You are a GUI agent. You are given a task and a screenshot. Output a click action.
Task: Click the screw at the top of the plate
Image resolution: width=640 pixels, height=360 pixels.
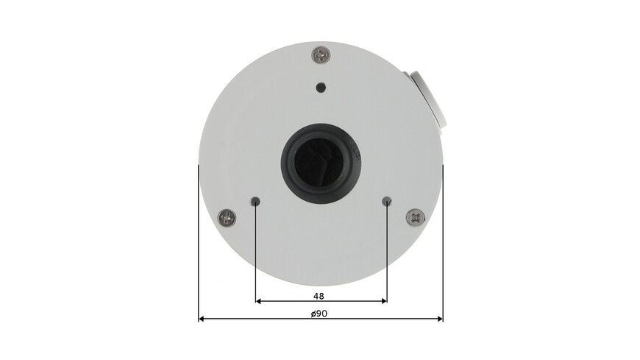(x=321, y=54)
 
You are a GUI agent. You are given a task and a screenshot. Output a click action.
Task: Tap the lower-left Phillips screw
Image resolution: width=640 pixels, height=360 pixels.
(x=227, y=218)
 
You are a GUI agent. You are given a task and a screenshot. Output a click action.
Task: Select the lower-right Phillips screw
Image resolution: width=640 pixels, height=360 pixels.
(x=415, y=217)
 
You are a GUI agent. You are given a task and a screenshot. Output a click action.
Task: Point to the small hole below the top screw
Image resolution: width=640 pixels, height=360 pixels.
(x=320, y=88)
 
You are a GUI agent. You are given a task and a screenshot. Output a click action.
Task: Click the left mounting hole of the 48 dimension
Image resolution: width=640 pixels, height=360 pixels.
(x=255, y=201)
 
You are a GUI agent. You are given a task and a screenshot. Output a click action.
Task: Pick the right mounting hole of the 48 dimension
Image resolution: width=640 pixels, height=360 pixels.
(x=387, y=201)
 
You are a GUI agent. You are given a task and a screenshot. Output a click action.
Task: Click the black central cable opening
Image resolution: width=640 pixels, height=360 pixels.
(x=319, y=159)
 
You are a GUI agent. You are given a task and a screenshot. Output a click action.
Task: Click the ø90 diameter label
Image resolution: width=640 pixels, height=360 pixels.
(x=319, y=313)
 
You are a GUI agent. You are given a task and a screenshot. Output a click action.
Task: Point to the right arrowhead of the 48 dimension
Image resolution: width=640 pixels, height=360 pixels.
(x=383, y=301)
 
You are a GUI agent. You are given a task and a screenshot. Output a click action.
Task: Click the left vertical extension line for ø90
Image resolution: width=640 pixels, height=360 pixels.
(x=199, y=243)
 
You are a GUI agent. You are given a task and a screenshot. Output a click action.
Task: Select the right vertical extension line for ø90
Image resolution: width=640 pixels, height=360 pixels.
(x=443, y=243)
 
